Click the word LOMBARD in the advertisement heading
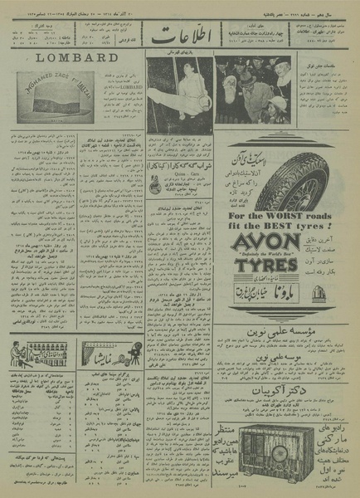point(75,58)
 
